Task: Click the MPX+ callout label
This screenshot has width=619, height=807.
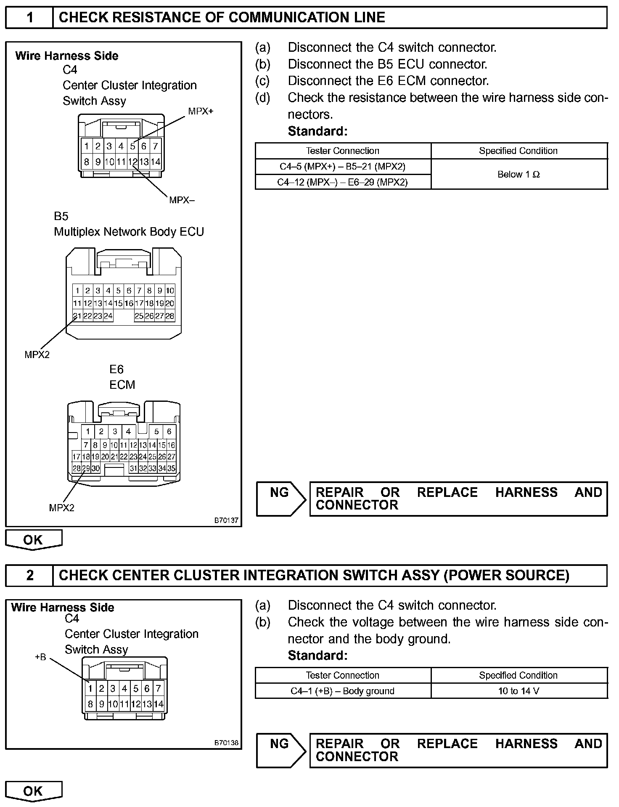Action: tap(201, 111)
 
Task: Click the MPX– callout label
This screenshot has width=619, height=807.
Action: tap(182, 200)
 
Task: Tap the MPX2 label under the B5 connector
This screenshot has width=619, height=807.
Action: tap(37, 355)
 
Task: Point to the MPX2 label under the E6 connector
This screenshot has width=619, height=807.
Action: tap(61, 508)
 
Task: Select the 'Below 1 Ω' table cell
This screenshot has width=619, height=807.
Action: tap(518, 175)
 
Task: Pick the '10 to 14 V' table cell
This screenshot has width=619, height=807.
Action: tap(518, 691)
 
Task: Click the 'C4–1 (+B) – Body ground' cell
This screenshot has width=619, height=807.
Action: tap(342, 691)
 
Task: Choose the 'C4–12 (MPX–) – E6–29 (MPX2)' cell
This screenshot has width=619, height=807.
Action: tap(342, 182)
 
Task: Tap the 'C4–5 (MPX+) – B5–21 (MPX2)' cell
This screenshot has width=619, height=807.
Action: tap(342, 167)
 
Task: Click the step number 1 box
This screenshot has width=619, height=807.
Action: tap(29, 18)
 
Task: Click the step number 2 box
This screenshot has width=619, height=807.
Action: tap(29, 575)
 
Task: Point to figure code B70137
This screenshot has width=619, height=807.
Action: tap(226, 520)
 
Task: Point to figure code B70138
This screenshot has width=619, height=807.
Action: tap(226, 743)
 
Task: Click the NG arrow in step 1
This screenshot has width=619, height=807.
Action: tap(281, 499)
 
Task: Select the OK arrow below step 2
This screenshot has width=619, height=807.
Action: tap(33, 791)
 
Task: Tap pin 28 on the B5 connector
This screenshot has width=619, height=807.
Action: tap(170, 316)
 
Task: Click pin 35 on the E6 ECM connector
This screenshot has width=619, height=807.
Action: tap(171, 468)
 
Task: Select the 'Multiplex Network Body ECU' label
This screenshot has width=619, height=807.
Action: tap(129, 232)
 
